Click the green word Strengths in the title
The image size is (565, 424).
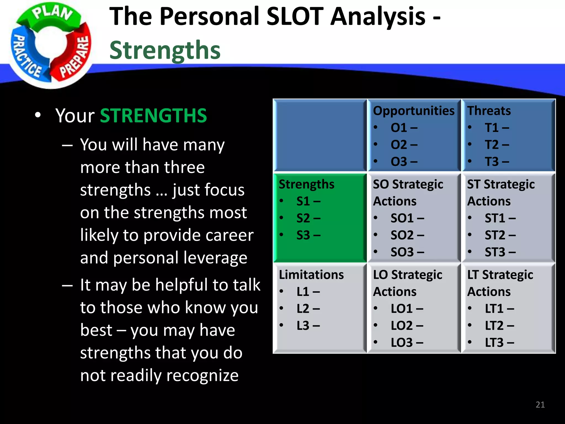[165, 50]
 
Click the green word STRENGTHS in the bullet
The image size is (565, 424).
[153, 116]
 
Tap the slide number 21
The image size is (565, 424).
[540, 404]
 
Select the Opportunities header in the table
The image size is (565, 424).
[413, 111]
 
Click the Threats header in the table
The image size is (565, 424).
[489, 111]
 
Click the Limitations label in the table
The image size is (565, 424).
[311, 275]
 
